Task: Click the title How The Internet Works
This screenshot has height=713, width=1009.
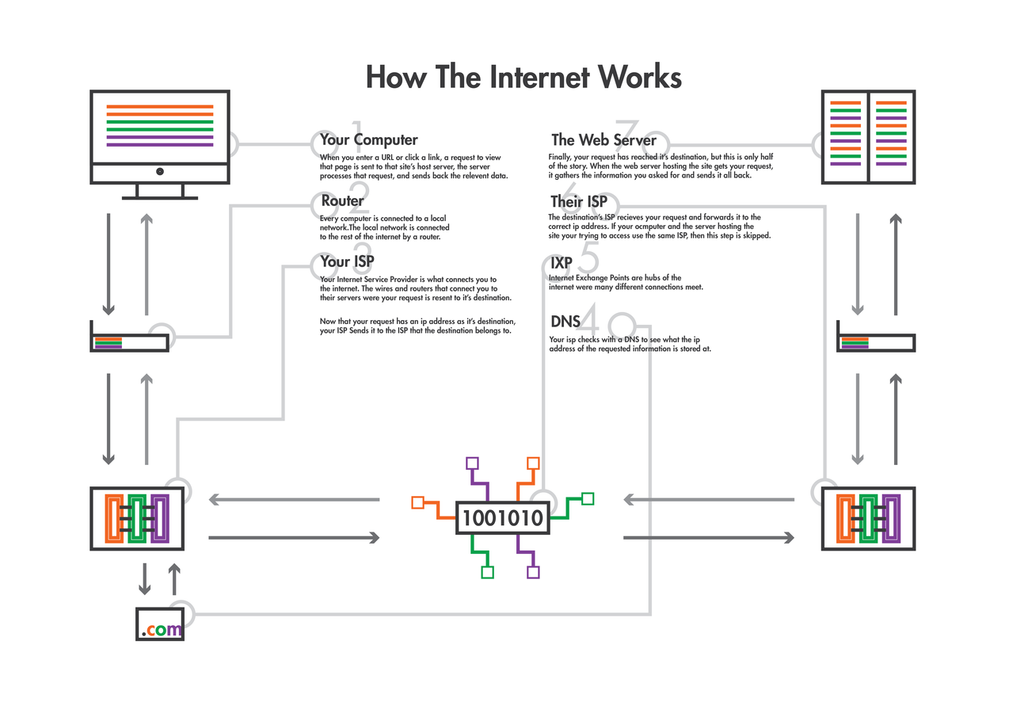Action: [524, 78]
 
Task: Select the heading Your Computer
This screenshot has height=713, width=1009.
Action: [368, 140]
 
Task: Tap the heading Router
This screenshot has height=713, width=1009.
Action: [342, 201]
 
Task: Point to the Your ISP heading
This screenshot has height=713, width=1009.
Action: [347, 261]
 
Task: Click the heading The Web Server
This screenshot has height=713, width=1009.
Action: [603, 140]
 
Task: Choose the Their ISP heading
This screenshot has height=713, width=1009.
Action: [579, 202]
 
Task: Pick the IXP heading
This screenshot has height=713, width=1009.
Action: [562, 262]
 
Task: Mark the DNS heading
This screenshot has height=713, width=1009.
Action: [565, 322]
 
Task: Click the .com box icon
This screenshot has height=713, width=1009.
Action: [160, 623]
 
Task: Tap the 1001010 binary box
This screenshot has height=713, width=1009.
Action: [503, 518]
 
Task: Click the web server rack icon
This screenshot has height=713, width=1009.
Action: [868, 137]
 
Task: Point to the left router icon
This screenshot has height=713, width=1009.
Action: [129, 342]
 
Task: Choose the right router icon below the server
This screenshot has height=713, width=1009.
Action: [876, 342]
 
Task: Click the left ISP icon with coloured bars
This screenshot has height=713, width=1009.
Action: [138, 519]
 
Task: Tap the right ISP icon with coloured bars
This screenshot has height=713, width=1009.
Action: [869, 519]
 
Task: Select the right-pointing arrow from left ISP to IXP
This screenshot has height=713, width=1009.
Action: [294, 537]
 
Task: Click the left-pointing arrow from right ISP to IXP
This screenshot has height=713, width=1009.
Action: [709, 500]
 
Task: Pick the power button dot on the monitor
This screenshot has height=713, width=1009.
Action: [160, 171]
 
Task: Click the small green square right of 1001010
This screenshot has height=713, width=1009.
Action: [588, 498]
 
